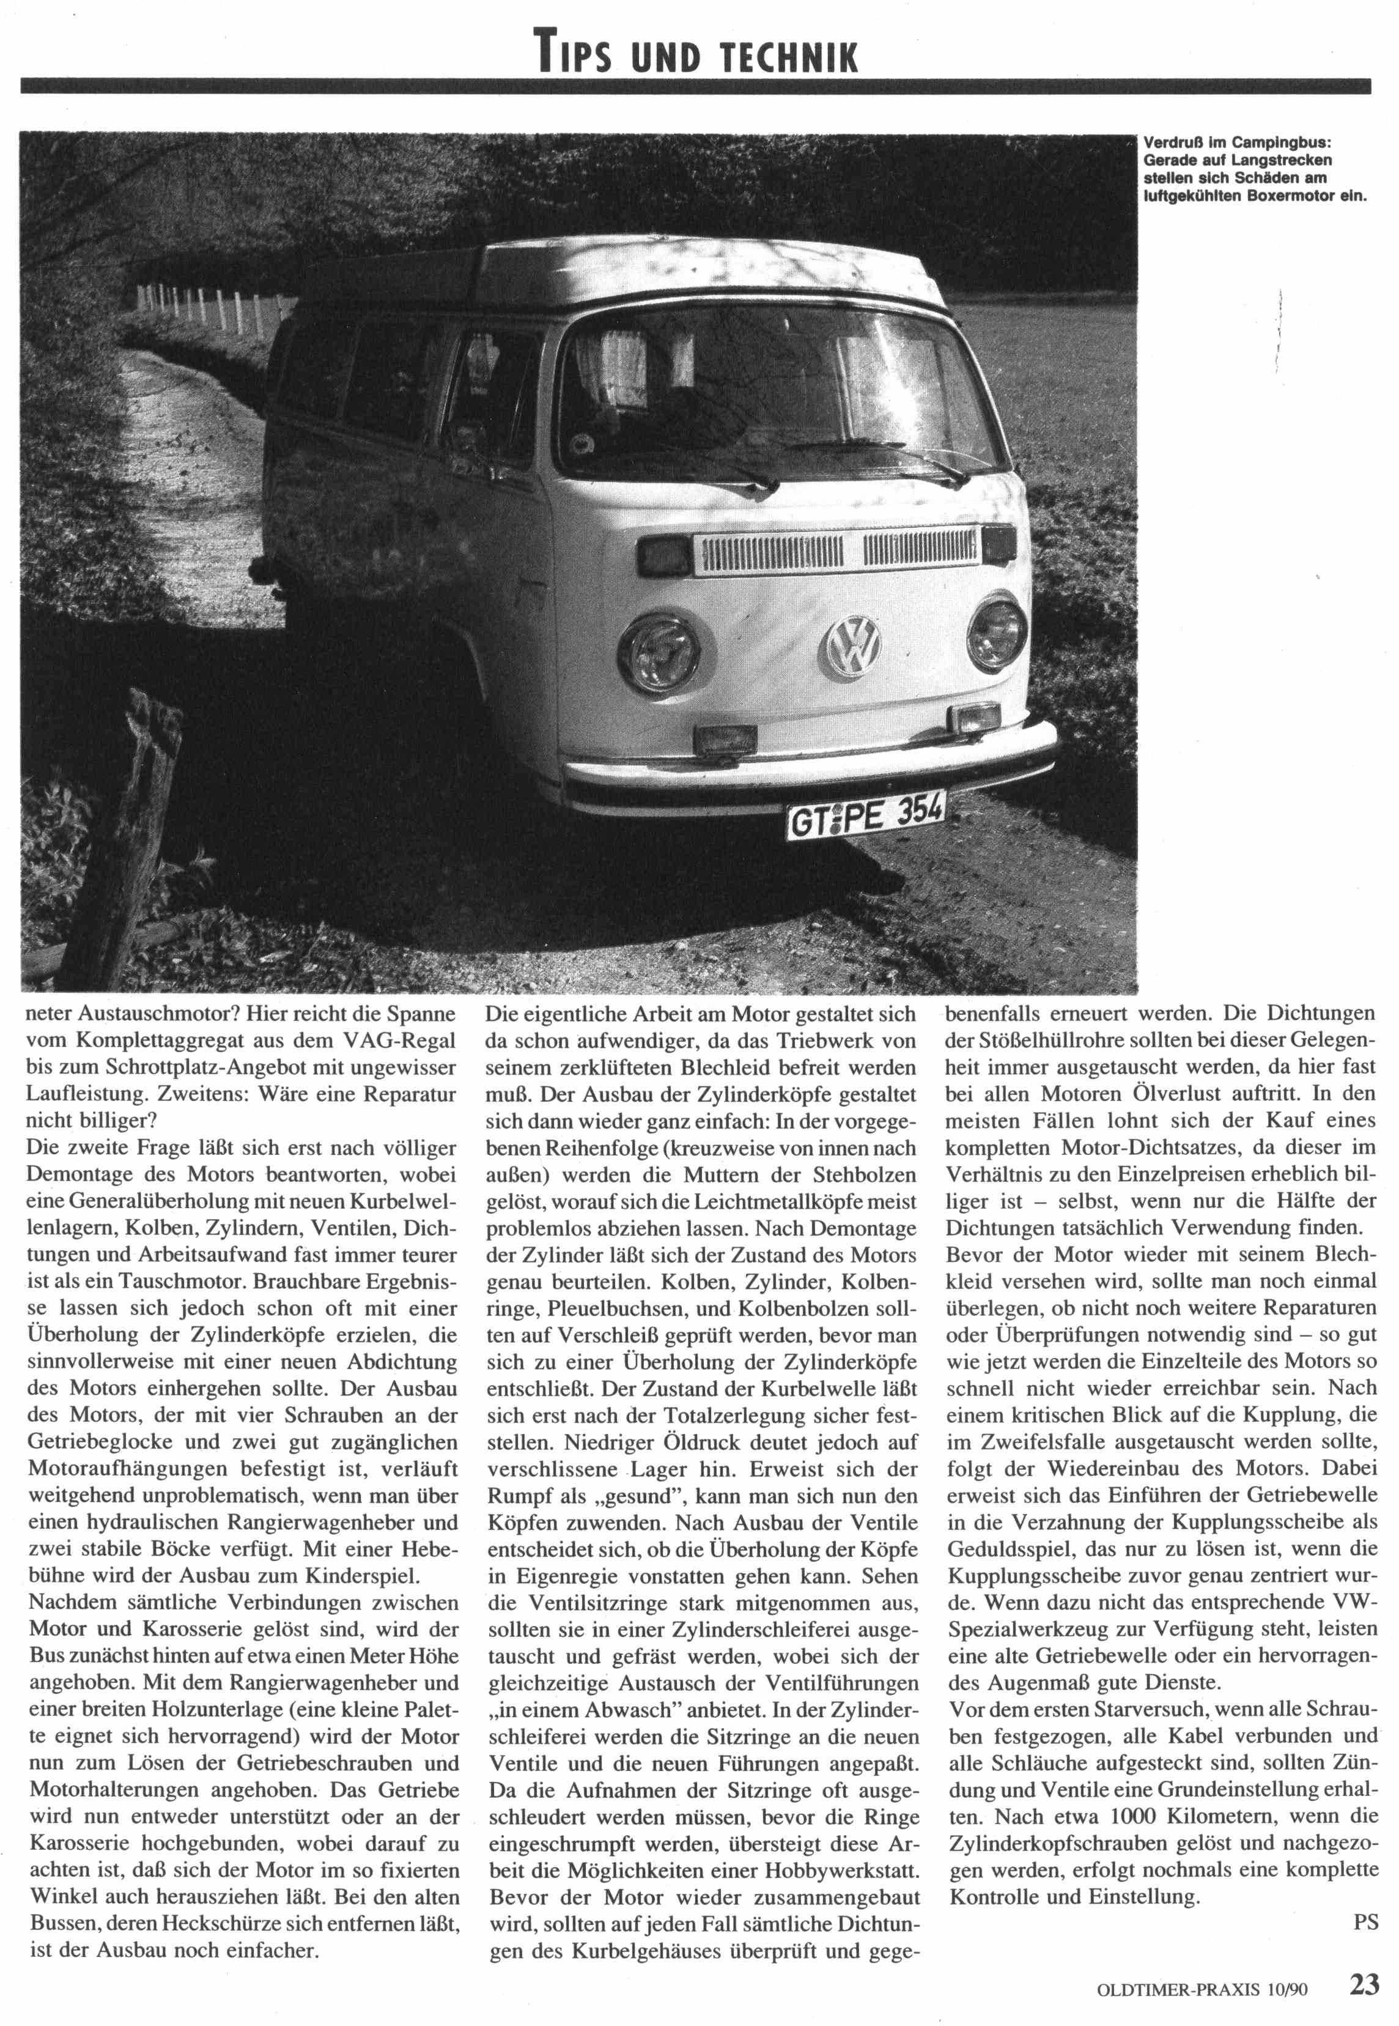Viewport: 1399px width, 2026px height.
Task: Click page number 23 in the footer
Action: coord(1365,1984)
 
